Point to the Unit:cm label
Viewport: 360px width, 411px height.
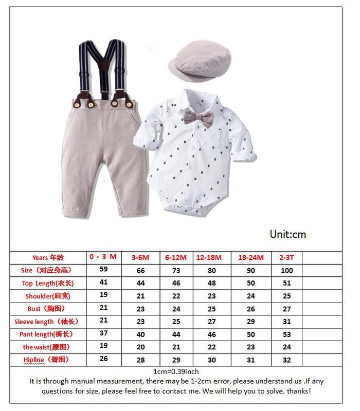287,234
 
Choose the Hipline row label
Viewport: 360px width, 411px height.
46,359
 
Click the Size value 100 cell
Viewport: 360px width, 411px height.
286,270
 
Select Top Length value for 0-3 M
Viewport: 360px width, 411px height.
103,282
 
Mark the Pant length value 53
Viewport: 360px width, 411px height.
286,335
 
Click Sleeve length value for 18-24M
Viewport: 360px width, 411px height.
250,322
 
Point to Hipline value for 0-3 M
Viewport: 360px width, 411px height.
103,359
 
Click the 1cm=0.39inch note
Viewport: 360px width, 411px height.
176,371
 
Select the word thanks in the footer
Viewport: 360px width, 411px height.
298,391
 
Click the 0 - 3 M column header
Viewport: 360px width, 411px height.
103,256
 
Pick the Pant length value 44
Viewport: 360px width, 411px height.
176,335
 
